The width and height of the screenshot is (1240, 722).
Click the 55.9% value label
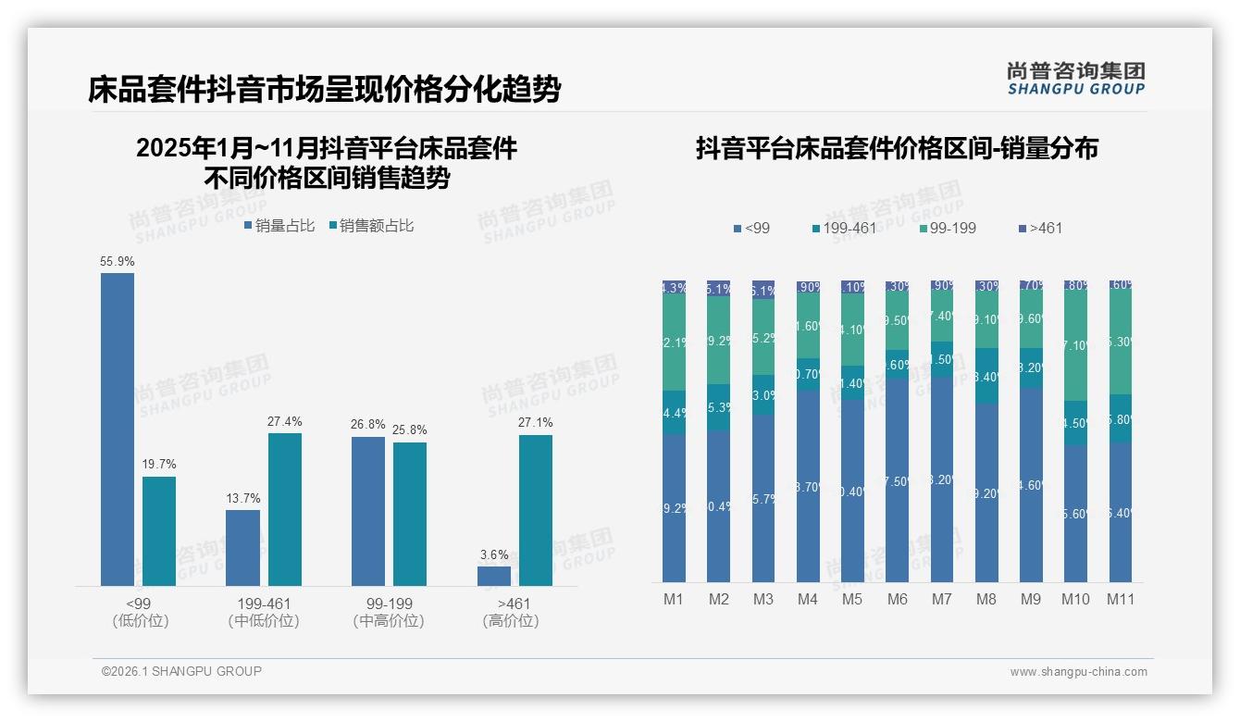coord(118,262)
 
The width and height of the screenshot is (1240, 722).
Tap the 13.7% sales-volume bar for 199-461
coord(243,547)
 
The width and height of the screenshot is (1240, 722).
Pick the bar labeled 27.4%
coord(285,509)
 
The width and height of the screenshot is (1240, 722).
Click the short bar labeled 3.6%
coord(494,576)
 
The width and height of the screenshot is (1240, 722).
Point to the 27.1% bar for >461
coord(536,510)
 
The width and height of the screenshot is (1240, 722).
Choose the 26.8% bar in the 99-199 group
coord(368,511)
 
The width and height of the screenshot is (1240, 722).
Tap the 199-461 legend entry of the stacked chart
coord(843,228)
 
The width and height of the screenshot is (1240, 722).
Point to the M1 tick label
coord(674,599)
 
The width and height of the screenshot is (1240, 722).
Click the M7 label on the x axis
coord(941,599)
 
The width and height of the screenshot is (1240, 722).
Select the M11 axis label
coord(1121,599)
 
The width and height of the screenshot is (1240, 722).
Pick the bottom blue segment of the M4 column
coord(808,485)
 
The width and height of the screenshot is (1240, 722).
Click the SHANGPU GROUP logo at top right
coord(1075,79)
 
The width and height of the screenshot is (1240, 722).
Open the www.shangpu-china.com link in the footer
coord(1078,672)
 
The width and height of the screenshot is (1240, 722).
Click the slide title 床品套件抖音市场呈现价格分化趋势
coord(324,90)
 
